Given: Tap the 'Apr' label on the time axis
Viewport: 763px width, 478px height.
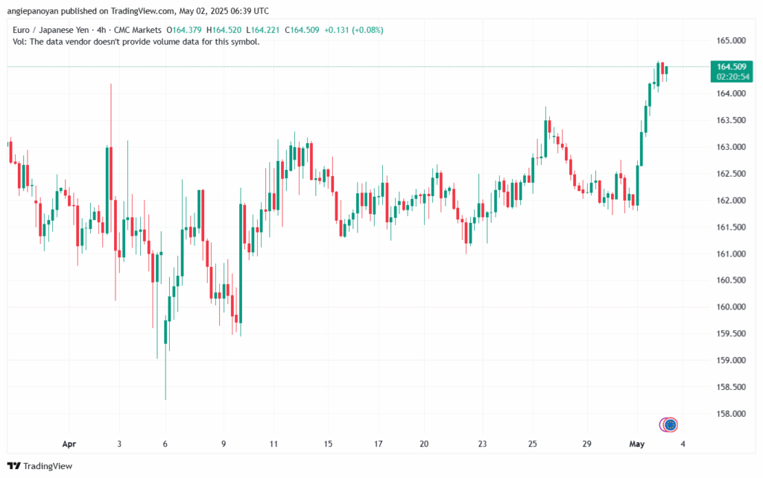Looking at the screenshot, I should [69, 444].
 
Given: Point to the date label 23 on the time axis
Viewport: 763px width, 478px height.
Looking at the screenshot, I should [482, 444].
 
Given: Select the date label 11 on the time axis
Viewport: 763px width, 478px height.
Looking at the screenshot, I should [274, 444].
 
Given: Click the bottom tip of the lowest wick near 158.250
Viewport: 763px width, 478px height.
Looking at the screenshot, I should [165, 400].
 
